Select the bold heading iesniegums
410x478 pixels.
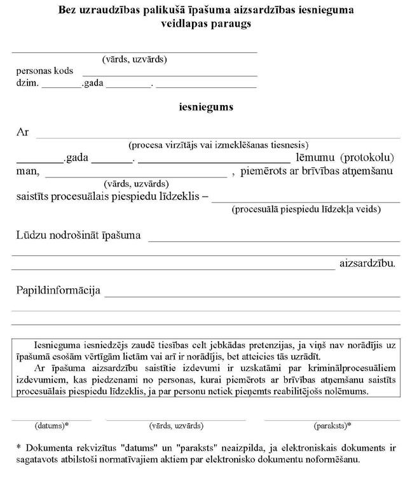click(x=205, y=107)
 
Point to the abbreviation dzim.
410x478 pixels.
click(x=26, y=83)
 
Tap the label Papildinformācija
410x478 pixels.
click(x=58, y=291)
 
